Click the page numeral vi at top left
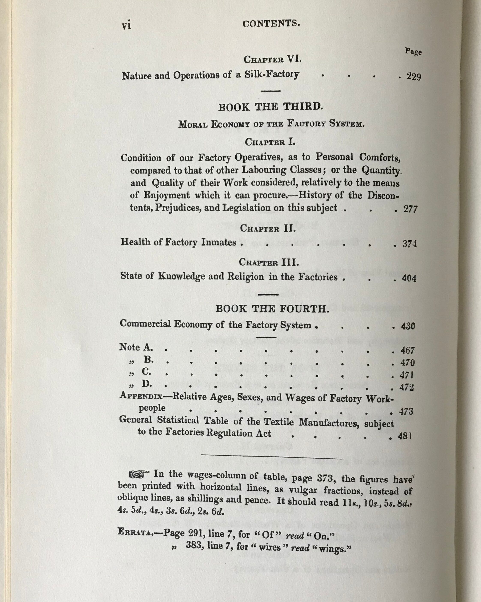coord(126,26)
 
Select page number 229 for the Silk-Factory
coord(414,77)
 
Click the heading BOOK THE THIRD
coord(270,107)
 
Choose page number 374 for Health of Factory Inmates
coord(410,244)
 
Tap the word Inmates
coord(219,242)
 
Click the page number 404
coord(409,278)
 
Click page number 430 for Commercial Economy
coord(408,326)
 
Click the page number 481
coord(405,436)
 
